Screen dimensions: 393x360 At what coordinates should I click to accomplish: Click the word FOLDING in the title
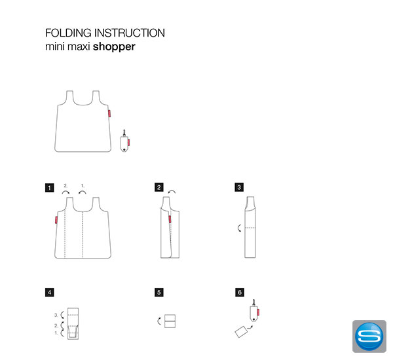[68, 33]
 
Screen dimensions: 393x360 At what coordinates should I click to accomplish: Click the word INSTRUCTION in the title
[130, 33]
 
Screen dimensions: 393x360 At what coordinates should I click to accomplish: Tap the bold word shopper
[114, 47]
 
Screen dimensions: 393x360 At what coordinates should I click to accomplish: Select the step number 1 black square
[50, 188]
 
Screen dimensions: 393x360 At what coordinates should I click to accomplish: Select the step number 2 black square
[159, 187]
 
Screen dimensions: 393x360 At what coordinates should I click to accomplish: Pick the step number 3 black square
[239, 187]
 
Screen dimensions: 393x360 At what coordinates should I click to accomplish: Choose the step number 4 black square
[50, 293]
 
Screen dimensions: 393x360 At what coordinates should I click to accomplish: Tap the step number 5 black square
[159, 293]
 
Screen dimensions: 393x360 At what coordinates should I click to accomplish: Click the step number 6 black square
[240, 293]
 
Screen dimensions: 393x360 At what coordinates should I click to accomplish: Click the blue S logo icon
[369, 336]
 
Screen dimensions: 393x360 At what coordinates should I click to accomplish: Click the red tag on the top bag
[109, 113]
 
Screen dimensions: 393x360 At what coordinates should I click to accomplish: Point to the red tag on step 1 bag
[56, 220]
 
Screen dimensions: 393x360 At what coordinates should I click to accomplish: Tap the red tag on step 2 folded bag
[170, 219]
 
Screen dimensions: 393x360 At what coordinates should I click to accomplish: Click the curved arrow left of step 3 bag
[238, 228]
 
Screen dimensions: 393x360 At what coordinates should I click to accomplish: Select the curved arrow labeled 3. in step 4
[62, 315]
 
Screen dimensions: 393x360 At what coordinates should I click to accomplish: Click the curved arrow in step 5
[159, 321]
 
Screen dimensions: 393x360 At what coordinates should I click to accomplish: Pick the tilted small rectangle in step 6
[241, 331]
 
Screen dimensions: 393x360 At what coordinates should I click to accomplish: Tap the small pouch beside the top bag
[125, 141]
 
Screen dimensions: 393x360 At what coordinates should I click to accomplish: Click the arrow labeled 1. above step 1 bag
[83, 192]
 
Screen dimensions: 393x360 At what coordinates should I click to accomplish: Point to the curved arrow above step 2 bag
[172, 192]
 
